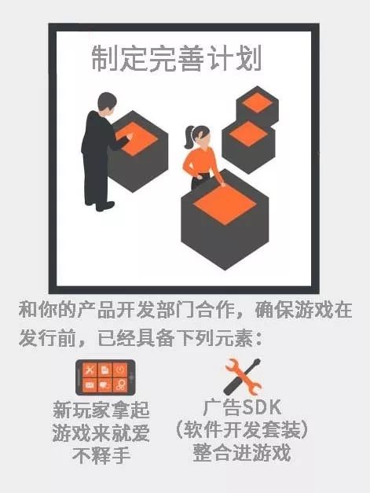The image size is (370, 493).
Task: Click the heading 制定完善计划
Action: click(177, 58)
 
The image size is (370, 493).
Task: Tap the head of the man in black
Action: click(107, 102)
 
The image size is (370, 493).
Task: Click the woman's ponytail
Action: click(189, 137)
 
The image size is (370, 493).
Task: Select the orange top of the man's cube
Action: click(137, 138)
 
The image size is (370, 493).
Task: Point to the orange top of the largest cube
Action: click(225, 205)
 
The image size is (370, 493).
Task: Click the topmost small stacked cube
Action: click(257, 106)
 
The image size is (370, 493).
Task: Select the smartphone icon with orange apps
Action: click(105, 377)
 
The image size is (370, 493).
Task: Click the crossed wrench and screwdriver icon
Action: click(243, 377)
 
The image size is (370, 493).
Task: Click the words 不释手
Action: click(101, 455)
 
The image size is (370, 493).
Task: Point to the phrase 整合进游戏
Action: click(241, 453)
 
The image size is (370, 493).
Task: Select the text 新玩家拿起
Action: click(101, 410)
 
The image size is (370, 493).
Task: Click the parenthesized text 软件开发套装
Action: click(241, 430)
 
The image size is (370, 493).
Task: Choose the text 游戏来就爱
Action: click(101, 432)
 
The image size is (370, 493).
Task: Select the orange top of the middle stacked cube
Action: click(248, 134)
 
